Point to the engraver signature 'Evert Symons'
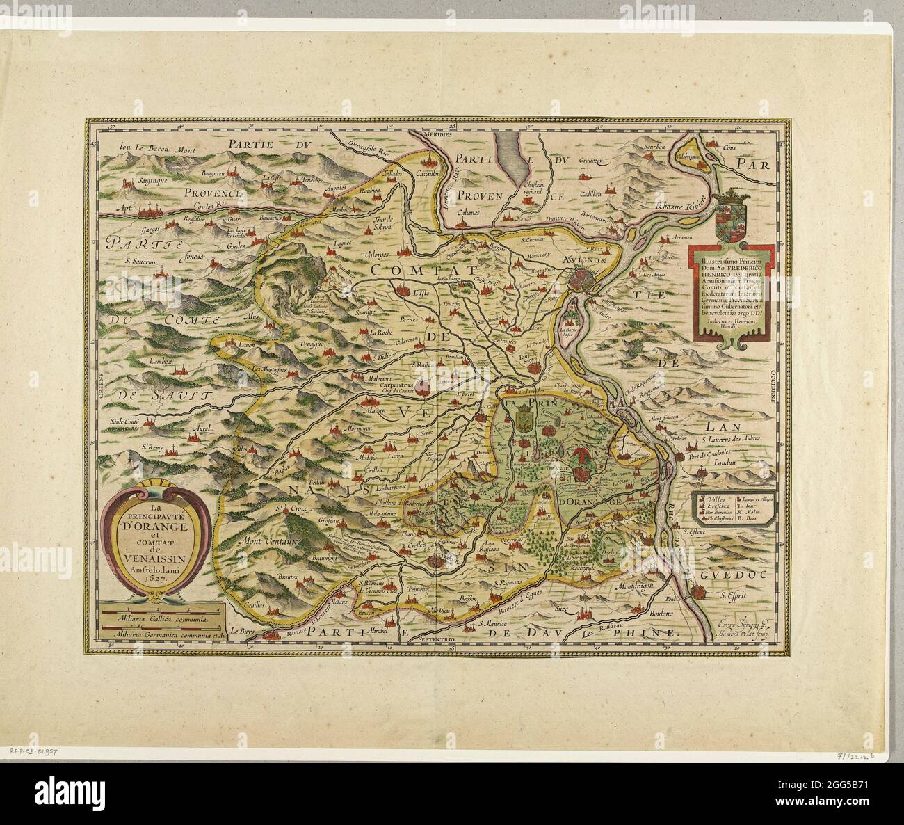point(738,623)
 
